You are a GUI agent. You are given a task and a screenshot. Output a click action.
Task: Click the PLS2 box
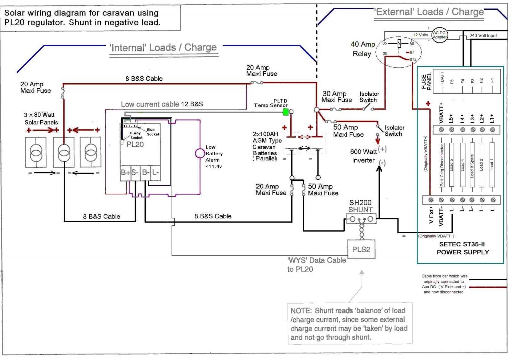pos(361,249)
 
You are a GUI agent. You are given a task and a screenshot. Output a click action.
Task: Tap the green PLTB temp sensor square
pos(286,112)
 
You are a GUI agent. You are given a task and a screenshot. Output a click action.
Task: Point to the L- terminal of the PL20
pos(156,173)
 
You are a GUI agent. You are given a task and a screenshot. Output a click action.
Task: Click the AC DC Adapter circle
pos(439,34)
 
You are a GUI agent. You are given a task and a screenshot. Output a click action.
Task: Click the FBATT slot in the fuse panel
pos(441,81)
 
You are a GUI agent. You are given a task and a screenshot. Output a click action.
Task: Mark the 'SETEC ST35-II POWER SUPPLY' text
pos(462,248)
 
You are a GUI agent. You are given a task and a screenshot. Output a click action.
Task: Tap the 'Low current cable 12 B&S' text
pos(162,104)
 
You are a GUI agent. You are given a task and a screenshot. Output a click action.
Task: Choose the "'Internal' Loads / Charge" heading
pos(163,47)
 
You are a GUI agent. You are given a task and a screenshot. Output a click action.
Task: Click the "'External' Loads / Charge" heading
pos(429,11)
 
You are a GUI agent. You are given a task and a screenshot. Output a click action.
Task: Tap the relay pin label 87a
pos(413,60)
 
